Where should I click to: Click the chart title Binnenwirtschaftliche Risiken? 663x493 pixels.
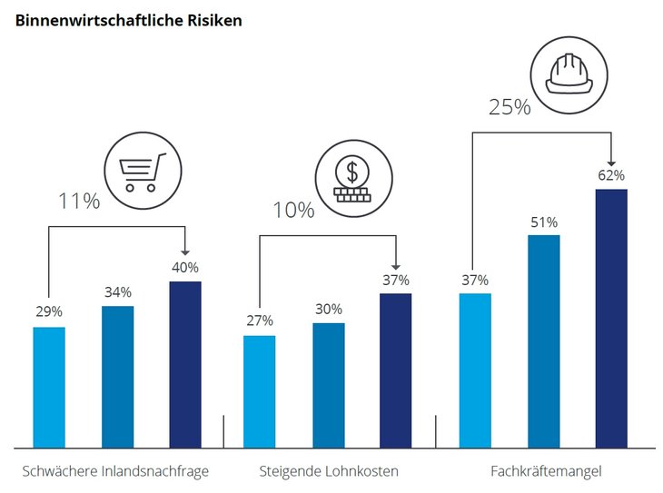(128, 19)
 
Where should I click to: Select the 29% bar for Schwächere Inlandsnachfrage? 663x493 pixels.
(49, 387)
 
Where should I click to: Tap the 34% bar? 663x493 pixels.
(117, 377)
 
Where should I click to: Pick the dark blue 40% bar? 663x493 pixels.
(185, 364)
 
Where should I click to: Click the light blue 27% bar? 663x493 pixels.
(259, 391)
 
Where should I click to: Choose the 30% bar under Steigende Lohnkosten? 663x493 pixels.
(328, 385)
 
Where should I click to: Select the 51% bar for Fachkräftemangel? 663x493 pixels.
(543, 340)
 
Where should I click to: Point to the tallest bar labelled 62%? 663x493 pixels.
(611, 318)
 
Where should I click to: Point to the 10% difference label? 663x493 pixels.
(293, 211)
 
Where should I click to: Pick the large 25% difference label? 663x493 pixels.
(510, 107)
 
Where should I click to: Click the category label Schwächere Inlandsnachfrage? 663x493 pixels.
(115, 471)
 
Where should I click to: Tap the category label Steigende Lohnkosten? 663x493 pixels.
(329, 471)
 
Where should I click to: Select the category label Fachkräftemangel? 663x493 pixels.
(546, 471)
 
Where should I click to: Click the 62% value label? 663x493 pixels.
(611, 174)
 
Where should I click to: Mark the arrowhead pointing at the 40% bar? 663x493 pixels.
(185, 251)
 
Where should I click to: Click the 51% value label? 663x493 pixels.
(543, 222)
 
